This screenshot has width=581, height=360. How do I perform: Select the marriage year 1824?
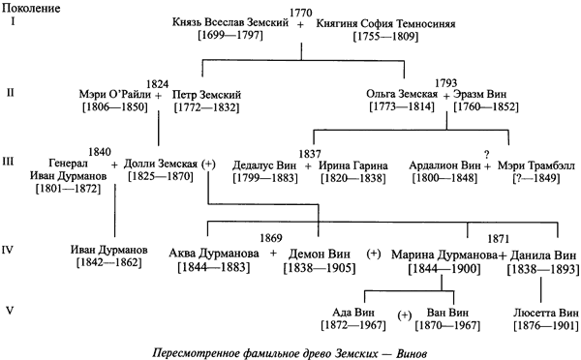click(156, 83)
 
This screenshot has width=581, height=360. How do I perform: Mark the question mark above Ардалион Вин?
click(487, 152)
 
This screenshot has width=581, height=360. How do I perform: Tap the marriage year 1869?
click(273, 236)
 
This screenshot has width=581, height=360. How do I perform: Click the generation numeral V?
click(9, 312)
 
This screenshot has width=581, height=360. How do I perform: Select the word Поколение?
click(31, 7)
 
